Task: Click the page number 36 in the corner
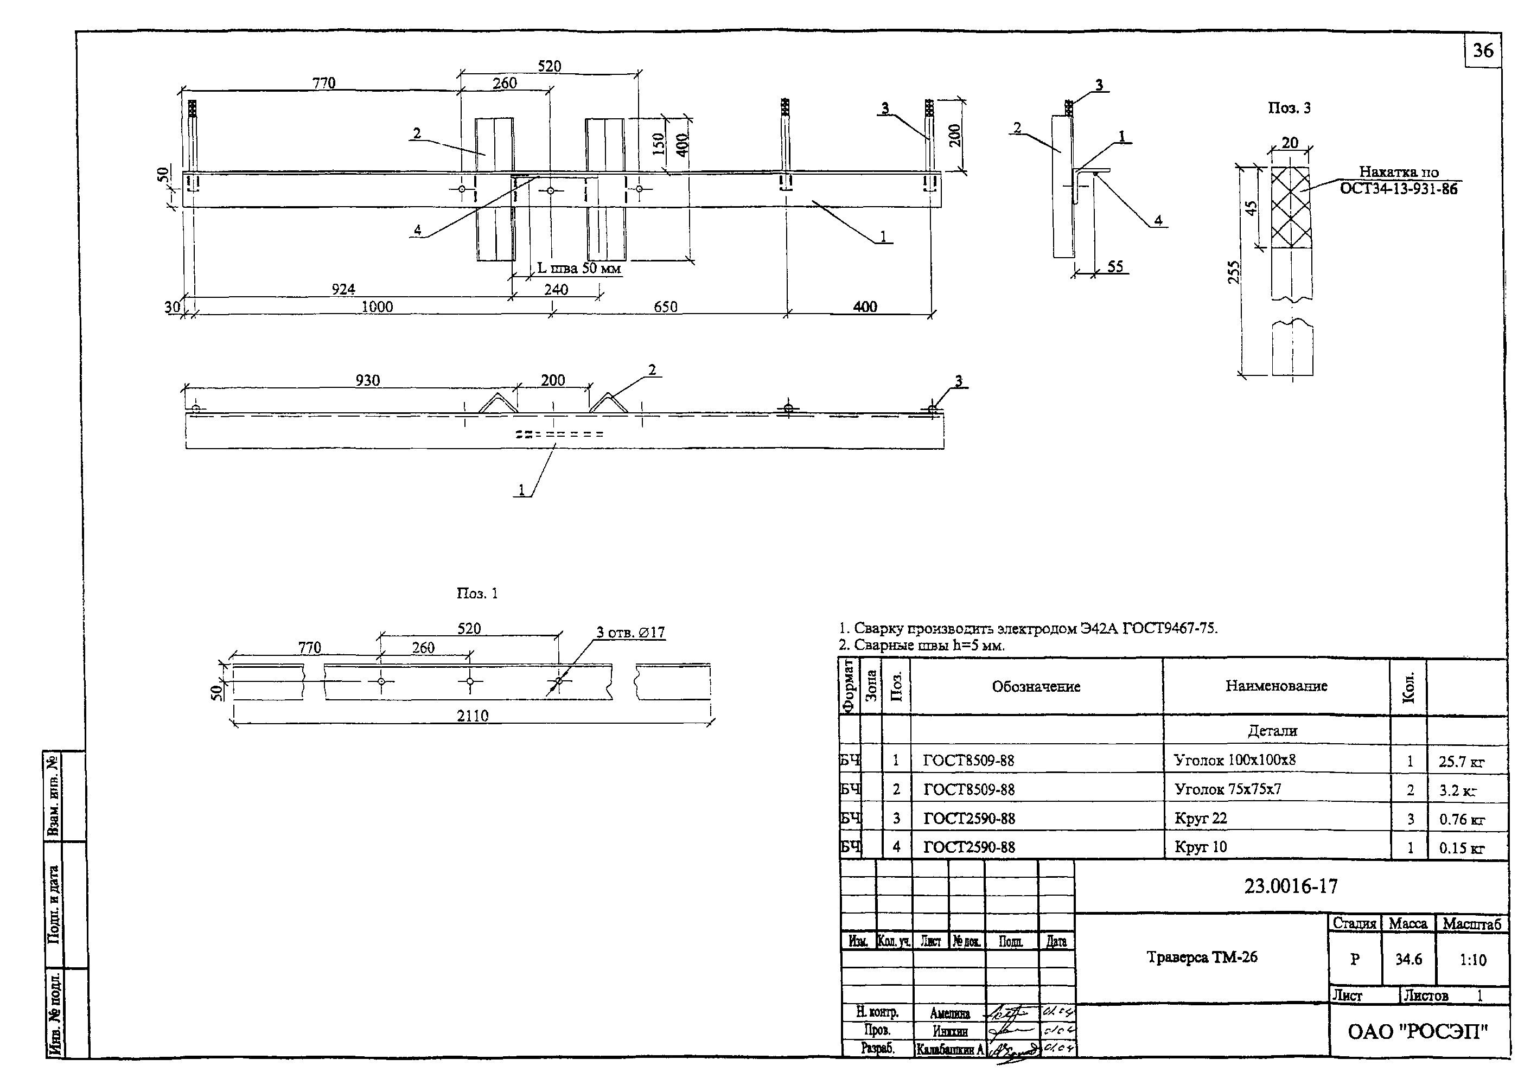[1483, 51]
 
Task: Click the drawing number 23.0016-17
[1291, 886]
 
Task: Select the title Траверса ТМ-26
[1202, 957]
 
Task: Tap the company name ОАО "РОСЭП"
[1418, 1031]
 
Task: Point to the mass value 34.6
[1408, 959]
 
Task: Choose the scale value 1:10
[1473, 959]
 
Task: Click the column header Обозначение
[1036, 686]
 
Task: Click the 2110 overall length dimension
[473, 716]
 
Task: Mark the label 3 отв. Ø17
[630, 633]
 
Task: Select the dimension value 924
[343, 289]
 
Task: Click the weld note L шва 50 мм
[579, 269]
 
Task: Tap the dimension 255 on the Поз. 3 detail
[1234, 272]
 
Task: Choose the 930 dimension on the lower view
[367, 380]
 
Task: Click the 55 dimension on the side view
[1114, 266]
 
